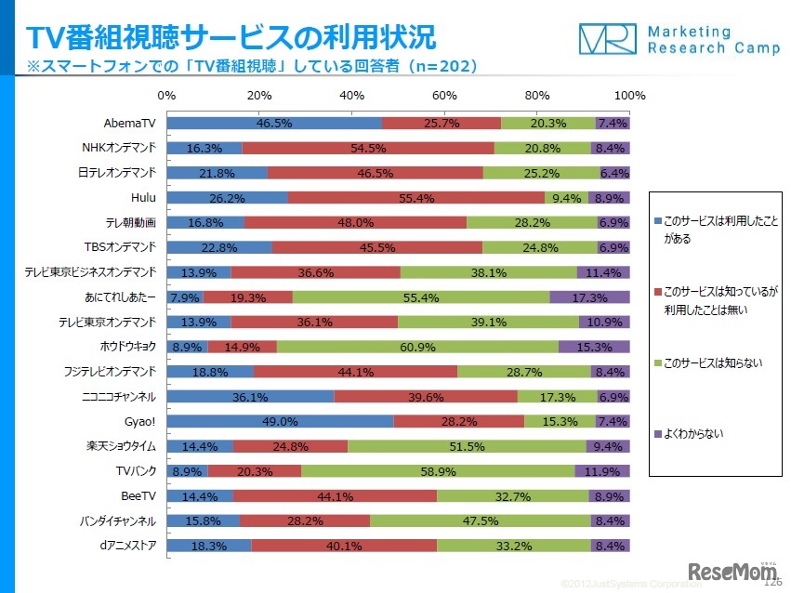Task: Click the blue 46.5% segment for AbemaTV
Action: pos(274,123)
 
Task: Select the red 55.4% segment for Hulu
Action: pos(416,197)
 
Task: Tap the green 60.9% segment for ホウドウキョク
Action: pos(417,347)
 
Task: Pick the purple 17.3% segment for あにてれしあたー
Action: pos(590,297)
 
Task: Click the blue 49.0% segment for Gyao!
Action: pos(280,421)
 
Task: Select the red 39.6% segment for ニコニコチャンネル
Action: pos(426,397)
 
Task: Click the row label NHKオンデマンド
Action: pos(118,148)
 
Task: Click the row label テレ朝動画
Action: pos(130,222)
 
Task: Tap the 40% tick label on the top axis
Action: pos(352,96)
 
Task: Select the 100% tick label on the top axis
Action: pos(630,96)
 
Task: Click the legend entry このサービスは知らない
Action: pos(714,362)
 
